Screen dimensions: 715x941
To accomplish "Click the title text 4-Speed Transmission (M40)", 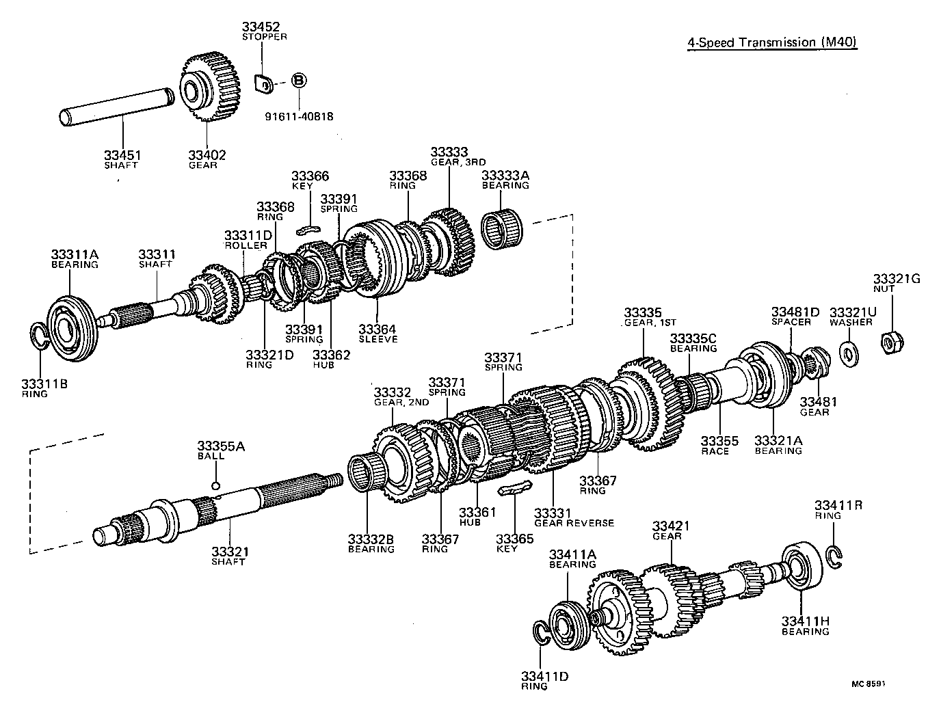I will [772, 42].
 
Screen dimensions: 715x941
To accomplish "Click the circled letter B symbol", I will [299, 81].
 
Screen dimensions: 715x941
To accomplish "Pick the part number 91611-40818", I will [299, 116].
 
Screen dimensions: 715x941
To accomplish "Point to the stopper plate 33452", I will [264, 83].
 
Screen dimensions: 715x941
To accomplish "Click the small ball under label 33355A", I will [215, 485].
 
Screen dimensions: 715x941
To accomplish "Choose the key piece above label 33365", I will [514, 488].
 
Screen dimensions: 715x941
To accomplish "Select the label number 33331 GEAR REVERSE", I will [553, 513].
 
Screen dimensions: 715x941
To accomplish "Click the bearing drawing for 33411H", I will [806, 566].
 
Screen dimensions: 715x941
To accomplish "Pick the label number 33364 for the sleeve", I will [377, 329].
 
